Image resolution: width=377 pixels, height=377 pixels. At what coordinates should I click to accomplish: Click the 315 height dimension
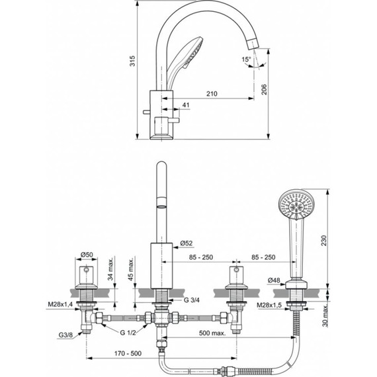pyautogui.click(x=132, y=62)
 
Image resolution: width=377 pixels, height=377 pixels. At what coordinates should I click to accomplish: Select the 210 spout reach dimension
pyautogui.click(x=212, y=94)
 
